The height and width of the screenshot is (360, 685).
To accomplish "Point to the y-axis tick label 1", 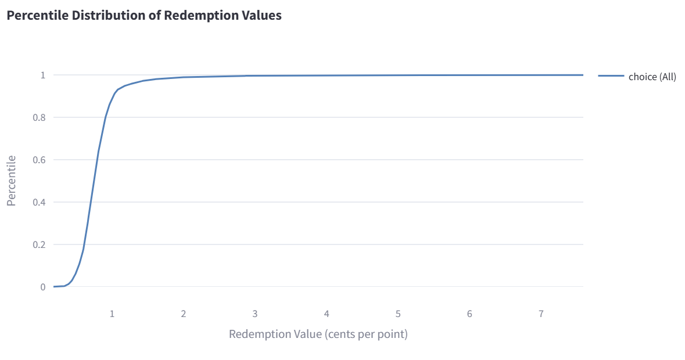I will [x=42, y=75].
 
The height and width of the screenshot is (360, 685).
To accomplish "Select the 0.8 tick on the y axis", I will [x=39, y=117].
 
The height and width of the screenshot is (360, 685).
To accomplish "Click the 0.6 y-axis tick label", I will [x=39, y=160].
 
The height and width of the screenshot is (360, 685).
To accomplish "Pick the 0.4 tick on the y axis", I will [x=39, y=202].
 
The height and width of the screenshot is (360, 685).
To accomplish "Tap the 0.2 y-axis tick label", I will [x=39, y=244].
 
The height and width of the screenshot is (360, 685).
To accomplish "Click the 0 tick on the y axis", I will [x=42, y=287].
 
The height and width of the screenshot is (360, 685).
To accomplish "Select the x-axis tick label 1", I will [x=112, y=314].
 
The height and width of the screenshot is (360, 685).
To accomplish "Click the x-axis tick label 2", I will [x=184, y=314].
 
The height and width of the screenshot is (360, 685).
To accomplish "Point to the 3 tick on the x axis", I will [x=255, y=314].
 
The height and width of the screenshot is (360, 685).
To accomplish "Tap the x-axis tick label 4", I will [x=327, y=314].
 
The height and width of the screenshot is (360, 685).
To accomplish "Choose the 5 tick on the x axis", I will [x=398, y=314].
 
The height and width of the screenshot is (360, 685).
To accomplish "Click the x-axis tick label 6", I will [x=469, y=314].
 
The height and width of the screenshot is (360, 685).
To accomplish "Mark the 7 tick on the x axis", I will [x=541, y=314].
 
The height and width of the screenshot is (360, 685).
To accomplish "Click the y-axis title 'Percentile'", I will [x=12, y=181].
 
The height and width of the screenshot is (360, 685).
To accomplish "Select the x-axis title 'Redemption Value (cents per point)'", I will [x=318, y=334].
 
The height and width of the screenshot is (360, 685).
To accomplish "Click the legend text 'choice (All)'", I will [x=652, y=77].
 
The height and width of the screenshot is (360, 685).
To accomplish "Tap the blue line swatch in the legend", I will [x=611, y=76].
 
